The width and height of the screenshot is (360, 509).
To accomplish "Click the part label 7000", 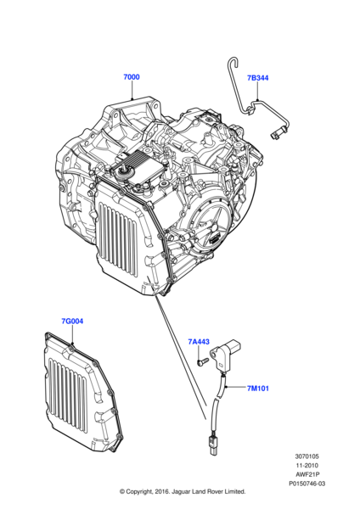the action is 132,77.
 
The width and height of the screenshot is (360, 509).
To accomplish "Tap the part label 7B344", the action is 257,78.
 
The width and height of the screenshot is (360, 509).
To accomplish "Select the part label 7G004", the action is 72,321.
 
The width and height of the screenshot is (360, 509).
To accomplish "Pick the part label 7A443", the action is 199,342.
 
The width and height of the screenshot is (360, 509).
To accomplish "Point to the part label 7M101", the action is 258,389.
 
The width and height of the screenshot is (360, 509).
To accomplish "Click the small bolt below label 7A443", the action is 201,361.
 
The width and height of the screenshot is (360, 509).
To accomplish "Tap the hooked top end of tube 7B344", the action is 233,61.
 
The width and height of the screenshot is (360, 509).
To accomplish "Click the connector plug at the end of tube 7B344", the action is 276,134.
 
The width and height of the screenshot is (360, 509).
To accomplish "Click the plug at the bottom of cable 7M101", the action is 212,445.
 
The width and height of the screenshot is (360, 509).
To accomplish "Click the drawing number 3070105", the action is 307,456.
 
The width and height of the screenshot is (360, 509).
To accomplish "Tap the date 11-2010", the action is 307,465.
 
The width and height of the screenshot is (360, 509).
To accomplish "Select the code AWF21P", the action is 307,474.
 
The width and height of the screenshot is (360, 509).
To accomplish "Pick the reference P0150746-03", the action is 307,484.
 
